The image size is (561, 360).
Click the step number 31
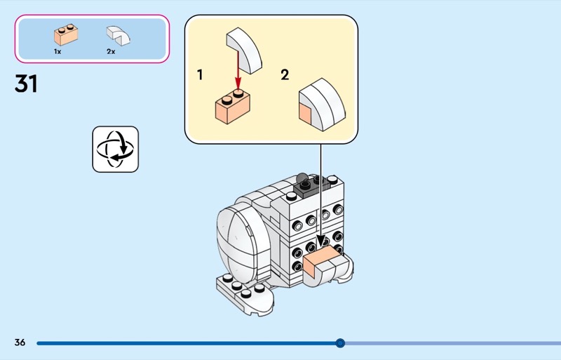pos(26,84)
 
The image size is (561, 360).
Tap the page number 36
pos(20,342)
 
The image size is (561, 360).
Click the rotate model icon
pos(116,149)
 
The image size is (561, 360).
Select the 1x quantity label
pos(58,51)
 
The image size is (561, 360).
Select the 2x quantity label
pos(111,51)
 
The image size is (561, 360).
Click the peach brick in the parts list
pos(65,34)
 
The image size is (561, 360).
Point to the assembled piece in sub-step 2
pos(322,105)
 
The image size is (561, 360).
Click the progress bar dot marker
pos(340,343)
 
